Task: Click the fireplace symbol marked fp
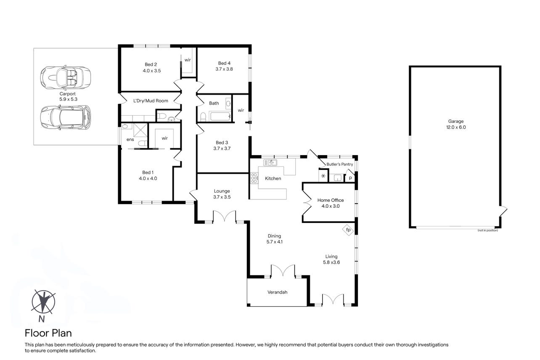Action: point(348,230)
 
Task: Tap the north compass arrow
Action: point(43,302)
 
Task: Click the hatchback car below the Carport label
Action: point(66,117)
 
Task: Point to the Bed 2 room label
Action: point(151,68)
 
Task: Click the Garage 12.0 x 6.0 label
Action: point(456,124)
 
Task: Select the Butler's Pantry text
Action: point(340,164)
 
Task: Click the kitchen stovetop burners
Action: point(254,178)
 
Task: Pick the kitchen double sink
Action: point(270,163)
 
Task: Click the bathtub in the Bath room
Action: point(220,116)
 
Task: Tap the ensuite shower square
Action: point(140,130)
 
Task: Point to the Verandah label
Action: point(277,292)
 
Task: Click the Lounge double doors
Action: point(225,216)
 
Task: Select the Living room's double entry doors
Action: point(333,299)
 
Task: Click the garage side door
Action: point(503,212)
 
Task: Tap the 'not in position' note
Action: point(488,230)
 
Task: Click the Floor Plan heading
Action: point(48,333)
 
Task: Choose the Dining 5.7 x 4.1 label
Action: point(274,239)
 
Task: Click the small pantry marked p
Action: point(350,178)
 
